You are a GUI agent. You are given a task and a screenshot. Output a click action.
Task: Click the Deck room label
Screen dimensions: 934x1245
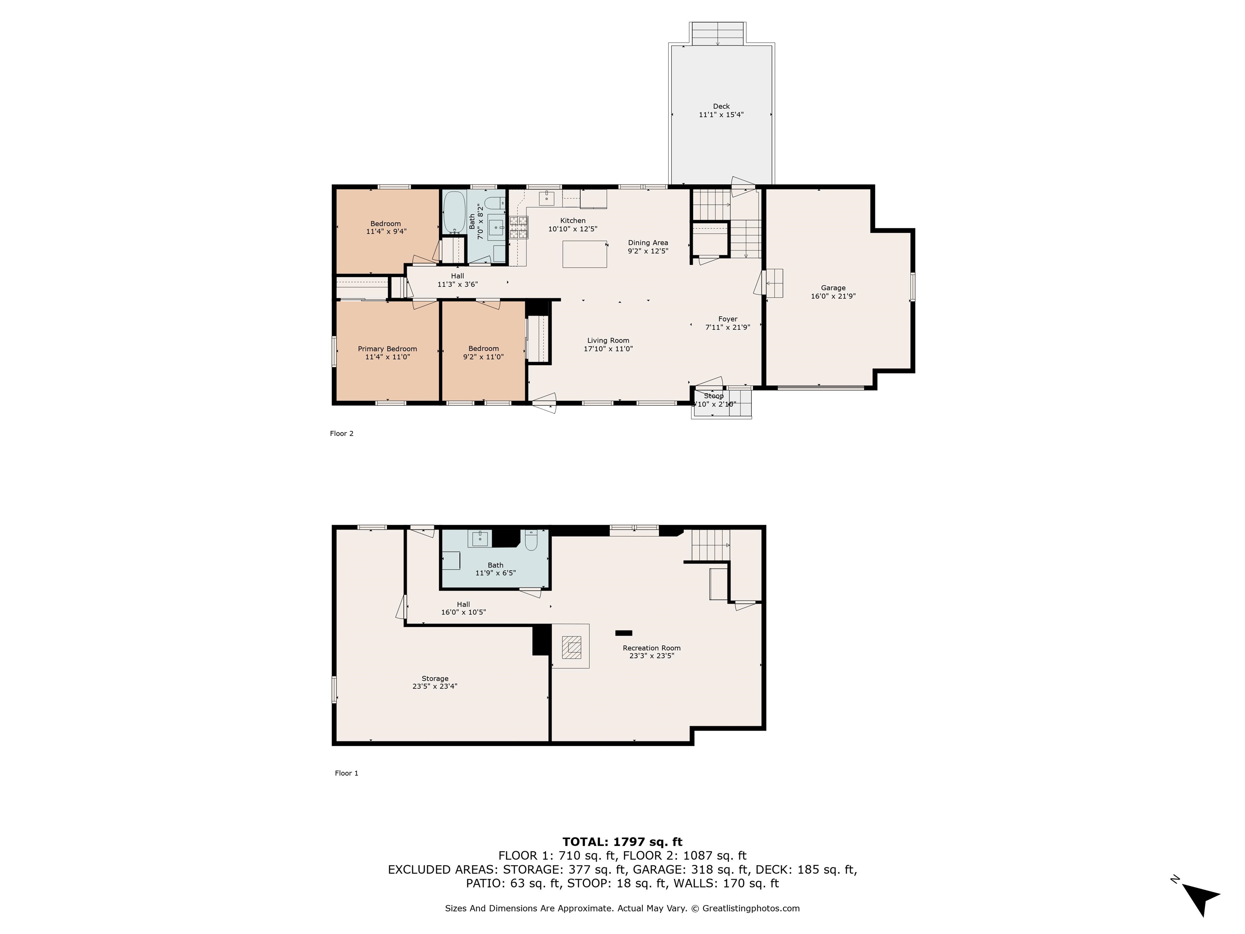pyautogui.click(x=721, y=106)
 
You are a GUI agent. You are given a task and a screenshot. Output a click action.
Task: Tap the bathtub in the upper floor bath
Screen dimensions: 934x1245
pyautogui.click(x=454, y=212)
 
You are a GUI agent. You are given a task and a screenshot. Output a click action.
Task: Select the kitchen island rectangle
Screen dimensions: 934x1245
pyautogui.click(x=585, y=254)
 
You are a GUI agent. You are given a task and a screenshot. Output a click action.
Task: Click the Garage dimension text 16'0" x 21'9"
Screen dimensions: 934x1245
pyautogui.click(x=833, y=296)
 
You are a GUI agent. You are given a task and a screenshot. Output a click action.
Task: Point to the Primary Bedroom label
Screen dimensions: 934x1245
pyautogui.click(x=387, y=349)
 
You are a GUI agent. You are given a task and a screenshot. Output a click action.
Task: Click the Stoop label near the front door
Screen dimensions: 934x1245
pyautogui.click(x=714, y=396)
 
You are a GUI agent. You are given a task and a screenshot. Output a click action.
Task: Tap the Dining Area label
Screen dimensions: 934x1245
pyautogui.click(x=648, y=243)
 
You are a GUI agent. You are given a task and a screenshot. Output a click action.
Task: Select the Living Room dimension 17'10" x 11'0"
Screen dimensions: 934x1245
pyautogui.click(x=608, y=349)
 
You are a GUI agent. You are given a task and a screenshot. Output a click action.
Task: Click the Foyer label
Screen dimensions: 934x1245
pyautogui.click(x=728, y=319)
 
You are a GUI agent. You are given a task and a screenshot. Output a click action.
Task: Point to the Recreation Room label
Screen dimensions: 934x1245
pyautogui.click(x=651, y=648)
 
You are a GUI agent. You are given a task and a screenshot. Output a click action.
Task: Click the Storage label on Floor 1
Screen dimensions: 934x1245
pyautogui.click(x=435, y=678)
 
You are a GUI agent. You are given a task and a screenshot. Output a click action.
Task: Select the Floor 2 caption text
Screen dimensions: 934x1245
pyautogui.click(x=342, y=433)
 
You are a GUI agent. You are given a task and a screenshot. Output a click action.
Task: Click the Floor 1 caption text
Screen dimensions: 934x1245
pyautogui.click(x=346, y=773)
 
